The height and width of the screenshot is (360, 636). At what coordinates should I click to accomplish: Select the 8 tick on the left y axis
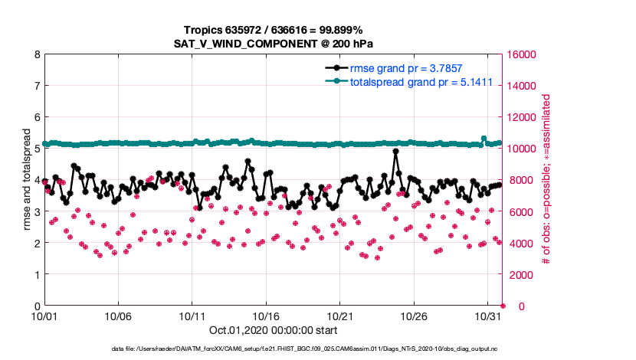click(x=37, y=55)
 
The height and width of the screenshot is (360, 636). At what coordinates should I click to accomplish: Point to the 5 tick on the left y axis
click(x=37, y=149)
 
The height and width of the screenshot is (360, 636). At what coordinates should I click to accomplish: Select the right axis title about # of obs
click(x=546, y=181)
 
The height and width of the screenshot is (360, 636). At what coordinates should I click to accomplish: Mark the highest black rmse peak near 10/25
click(x=396, y=152)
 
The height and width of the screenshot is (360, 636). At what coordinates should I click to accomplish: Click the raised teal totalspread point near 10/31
click(x=484, y=139)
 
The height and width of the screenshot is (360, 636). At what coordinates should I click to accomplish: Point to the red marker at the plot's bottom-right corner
click(x=503, y=306)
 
